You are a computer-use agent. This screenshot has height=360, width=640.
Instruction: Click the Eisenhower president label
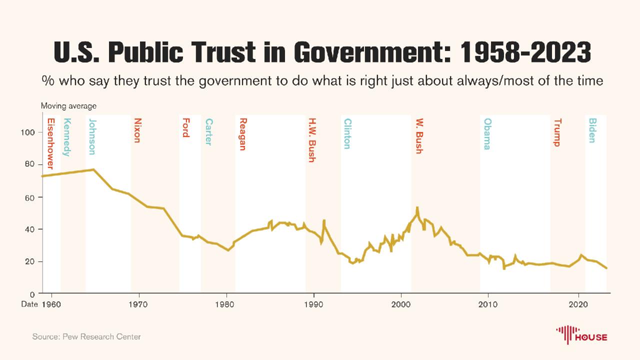(50, 143)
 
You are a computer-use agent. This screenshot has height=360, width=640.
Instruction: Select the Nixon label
(137, 130)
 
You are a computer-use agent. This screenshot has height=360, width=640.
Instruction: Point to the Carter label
(208, 131)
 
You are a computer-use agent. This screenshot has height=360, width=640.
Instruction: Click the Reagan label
(243, 134)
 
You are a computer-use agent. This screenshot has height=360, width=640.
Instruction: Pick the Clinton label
(347, 133)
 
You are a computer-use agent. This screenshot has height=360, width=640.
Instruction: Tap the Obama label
(487, 134)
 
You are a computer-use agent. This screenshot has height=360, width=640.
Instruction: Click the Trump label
(557, 132)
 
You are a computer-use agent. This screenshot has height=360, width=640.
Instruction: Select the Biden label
(592, 130)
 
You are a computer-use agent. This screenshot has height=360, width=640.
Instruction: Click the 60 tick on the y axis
(30, 197)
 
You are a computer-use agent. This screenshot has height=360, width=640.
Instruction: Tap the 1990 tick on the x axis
(314, 303)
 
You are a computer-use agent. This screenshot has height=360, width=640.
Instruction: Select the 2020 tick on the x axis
(578, 303)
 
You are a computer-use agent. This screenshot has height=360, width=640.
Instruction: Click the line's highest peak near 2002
(417, 207)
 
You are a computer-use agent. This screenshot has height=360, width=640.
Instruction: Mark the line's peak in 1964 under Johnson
(93, 169)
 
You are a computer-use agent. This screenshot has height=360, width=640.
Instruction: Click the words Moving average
(68, 106)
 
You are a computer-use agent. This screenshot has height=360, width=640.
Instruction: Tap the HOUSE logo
(581, 333)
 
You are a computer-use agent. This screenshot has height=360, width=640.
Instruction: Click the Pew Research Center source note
(86, 336)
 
